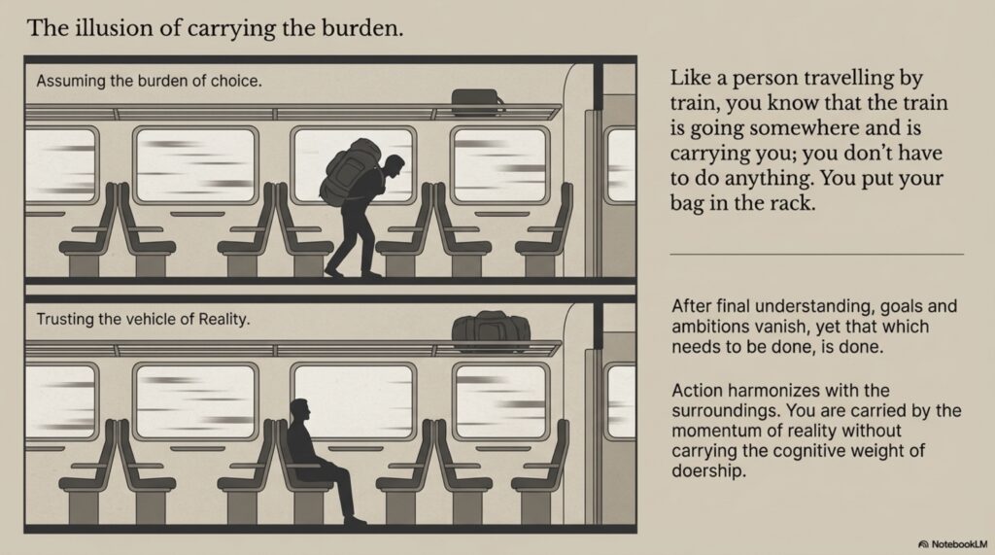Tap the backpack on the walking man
coord(350,171)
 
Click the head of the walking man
coord(394,166)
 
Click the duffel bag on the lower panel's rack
coord(491,330)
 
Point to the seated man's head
coord(300,410)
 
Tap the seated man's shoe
coord(355,521)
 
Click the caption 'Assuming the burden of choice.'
coord(149,82)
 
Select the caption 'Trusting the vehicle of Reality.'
coord(144,319)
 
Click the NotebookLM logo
coord(954,544)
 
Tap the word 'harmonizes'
coord(791,390)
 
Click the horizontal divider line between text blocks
coord(816,254)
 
